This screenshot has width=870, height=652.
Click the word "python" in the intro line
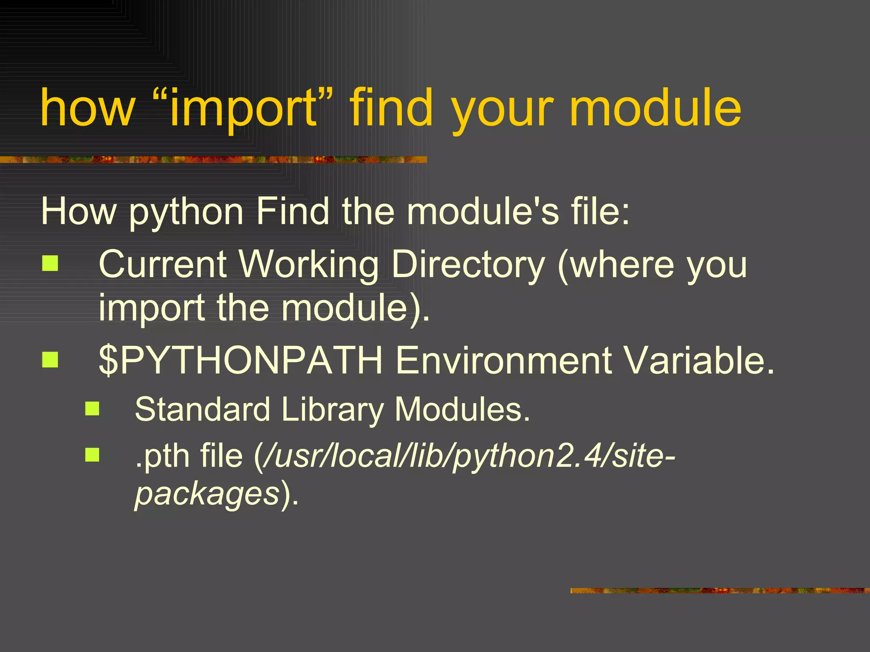186,212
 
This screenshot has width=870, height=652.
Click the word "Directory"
468,265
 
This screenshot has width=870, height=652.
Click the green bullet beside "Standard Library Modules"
92,409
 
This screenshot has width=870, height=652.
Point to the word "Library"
332,410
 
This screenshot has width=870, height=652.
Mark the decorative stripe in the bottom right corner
720,590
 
